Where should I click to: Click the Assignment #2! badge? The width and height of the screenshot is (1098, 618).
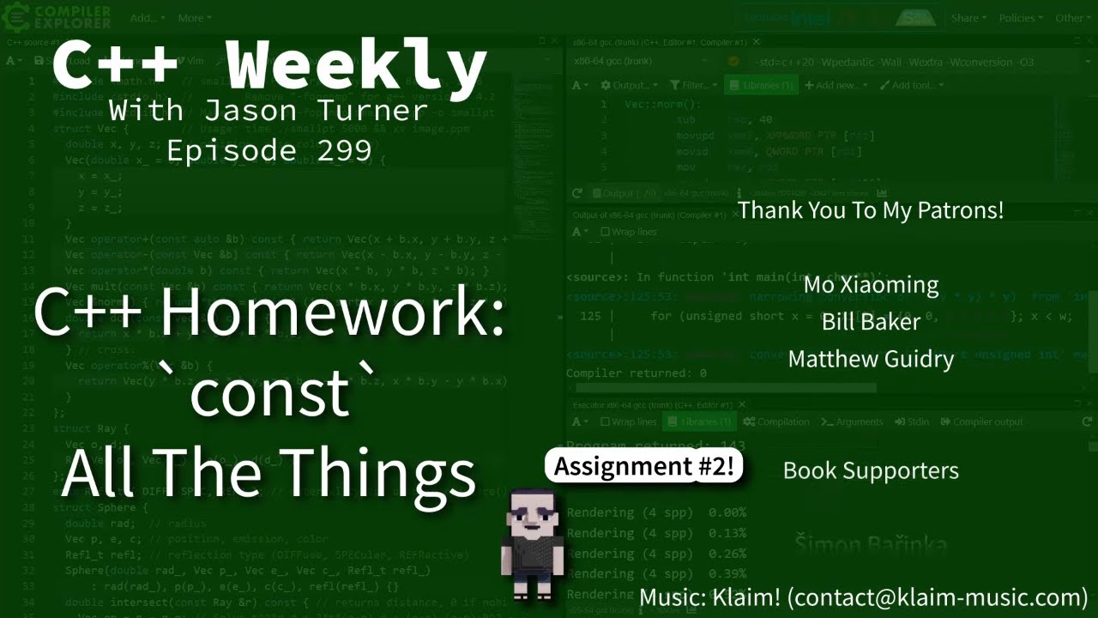[x=643, y=466]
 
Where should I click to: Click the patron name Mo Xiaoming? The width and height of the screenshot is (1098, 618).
[x=871, y=284]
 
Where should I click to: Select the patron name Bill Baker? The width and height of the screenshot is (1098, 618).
[x=871, y=321]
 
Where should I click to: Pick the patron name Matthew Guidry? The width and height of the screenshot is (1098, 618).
[x=871, y=358]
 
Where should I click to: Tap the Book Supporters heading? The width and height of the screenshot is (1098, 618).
[x=871, y=470]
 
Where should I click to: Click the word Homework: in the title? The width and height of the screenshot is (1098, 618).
[x=332, y=313]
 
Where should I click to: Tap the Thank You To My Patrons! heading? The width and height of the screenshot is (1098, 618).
[x=871, y=209]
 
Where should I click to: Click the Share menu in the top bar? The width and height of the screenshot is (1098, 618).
[x=968, y=18]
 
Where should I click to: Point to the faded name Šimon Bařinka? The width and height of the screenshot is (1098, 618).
[x=871, y=544]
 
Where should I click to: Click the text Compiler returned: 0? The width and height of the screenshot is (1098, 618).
[x=636, y=373]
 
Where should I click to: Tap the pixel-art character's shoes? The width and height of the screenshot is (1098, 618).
[x=533, y=591]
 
